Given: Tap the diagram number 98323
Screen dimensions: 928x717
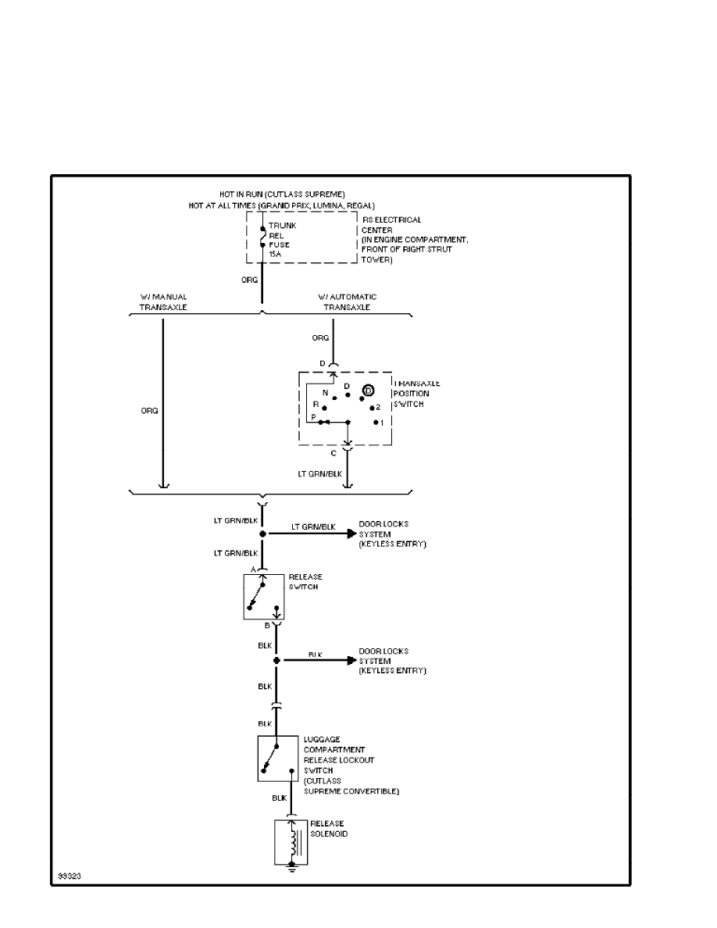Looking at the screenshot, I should click(68, 876).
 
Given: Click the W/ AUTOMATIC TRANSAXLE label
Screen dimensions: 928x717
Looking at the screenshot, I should click(347, 302).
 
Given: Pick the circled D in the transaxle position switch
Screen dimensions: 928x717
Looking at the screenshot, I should click(369, 390).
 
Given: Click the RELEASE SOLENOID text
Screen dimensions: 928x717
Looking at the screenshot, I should click(327, 829).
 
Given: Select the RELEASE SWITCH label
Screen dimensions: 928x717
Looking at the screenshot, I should click(305, 581).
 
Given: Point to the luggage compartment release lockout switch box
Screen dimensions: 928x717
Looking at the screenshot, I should click(278, 758).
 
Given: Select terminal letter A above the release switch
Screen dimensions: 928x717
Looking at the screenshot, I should click(253, 569).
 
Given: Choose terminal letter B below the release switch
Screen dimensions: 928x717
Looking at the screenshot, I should click(266, 626).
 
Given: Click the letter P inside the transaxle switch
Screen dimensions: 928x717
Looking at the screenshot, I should click(312, 418).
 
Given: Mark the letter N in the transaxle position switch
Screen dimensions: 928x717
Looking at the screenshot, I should click(326, 392).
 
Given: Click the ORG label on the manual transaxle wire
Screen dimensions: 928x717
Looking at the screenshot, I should click(149, 410).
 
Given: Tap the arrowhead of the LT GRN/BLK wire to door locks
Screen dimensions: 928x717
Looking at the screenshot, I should click(351, 534).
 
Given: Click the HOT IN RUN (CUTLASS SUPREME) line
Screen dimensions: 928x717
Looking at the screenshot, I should click(282, 193).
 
